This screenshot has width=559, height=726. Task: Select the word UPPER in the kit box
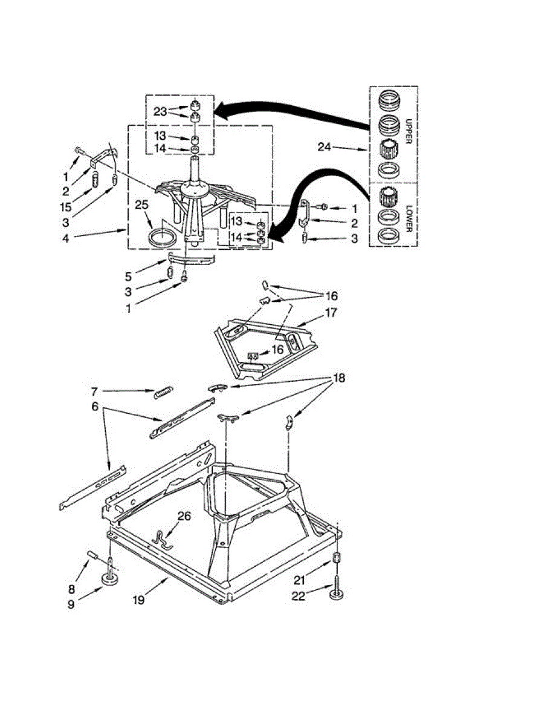pos(409,129)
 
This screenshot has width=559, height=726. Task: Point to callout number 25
pos(143,206)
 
